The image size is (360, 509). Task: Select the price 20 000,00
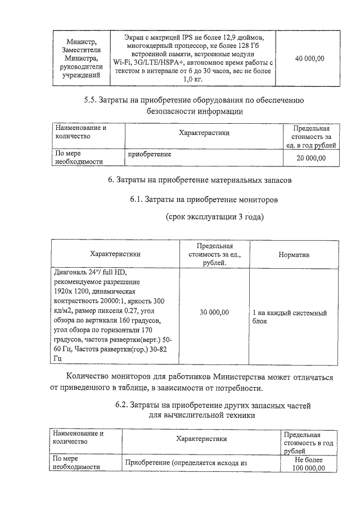pos(311,158)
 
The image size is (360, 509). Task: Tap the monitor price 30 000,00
pos(214,313)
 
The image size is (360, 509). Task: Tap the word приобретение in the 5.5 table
pos(149,154)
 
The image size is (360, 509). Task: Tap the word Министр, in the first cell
pos(82,42)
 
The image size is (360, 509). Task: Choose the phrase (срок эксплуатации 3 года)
pos(214,217)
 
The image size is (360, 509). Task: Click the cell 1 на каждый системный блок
pos(289,317)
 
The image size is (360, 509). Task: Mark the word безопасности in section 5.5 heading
pos(173,111)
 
